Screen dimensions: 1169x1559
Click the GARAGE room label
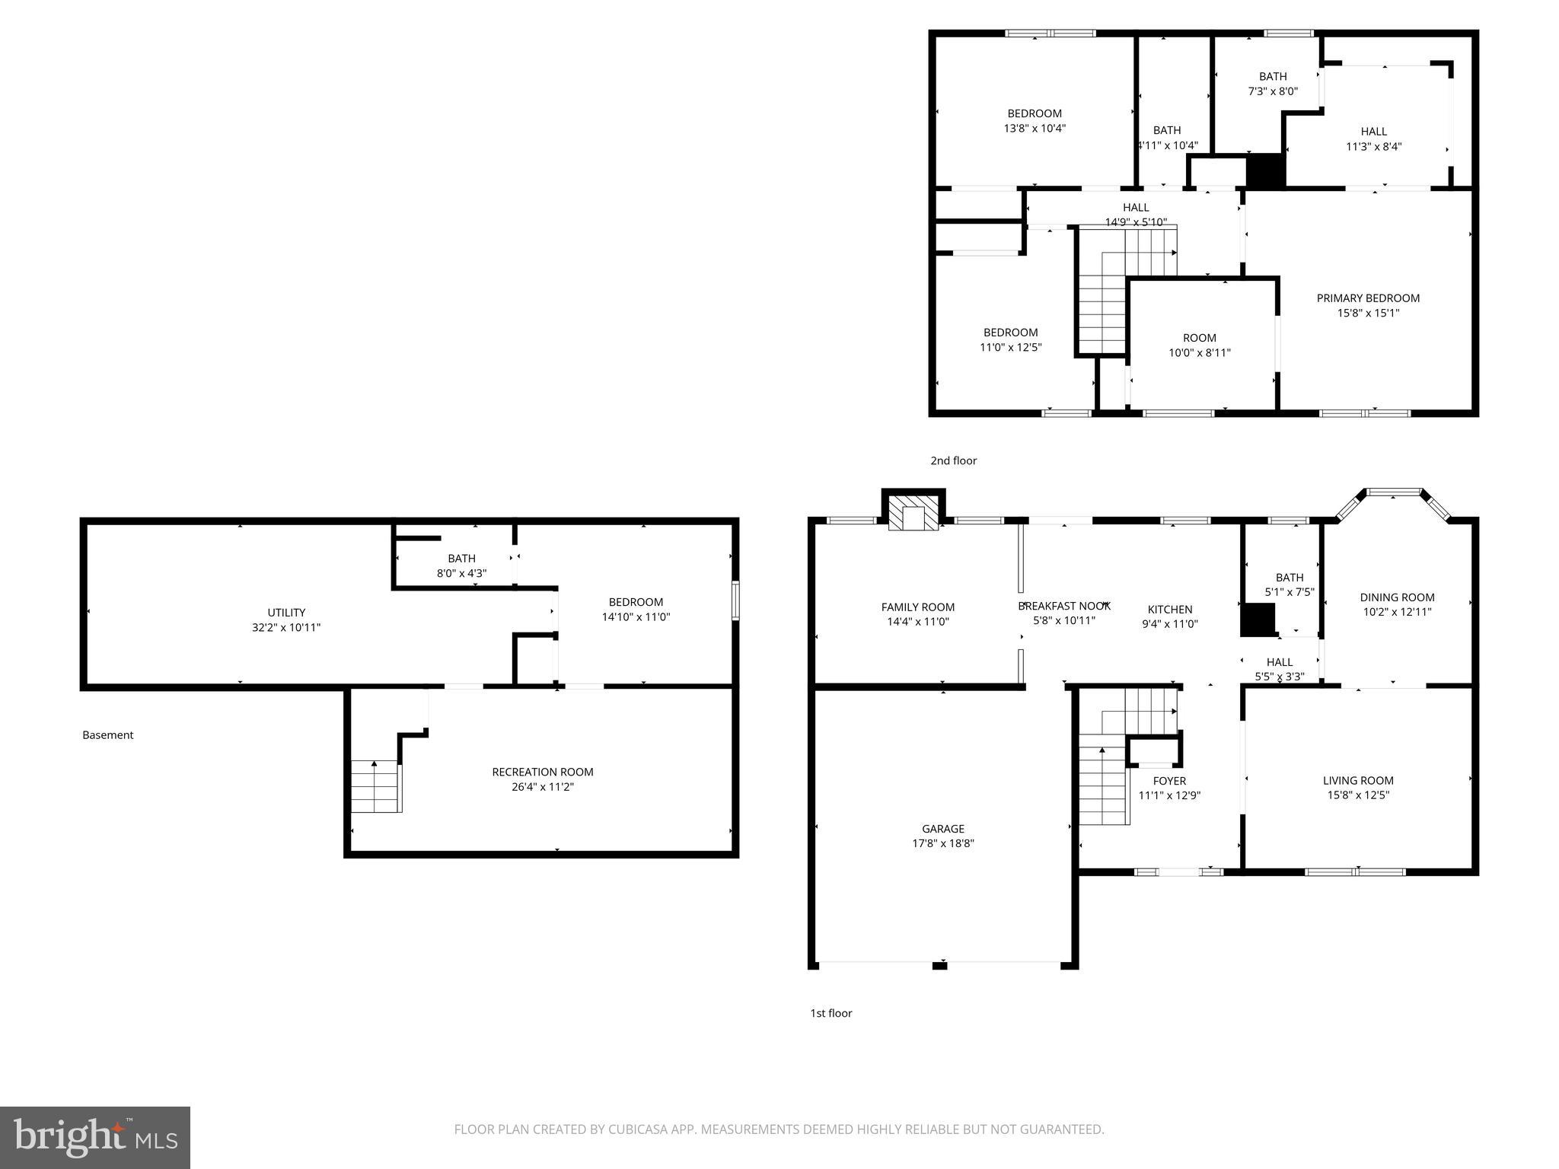pos(942,829)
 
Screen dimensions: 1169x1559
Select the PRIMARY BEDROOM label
pos(1368,298)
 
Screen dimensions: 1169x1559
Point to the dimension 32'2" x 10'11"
pos(286,628)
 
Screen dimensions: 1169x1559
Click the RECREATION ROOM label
pos(542,772)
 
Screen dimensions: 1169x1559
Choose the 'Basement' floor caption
pos(107,735)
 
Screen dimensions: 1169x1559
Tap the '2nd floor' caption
pos(953,460)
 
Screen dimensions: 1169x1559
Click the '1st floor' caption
pos(831,1013)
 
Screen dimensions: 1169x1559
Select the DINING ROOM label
pos(1397,597)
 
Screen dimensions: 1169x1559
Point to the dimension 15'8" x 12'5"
pos(1358,795)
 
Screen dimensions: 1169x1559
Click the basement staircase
pos(375,785)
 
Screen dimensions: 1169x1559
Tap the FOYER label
pos(1169,781)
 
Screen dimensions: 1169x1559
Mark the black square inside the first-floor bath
pos(1258,620)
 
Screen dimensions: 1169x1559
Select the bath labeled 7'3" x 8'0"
pos(1273,83)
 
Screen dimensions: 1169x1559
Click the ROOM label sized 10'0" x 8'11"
pos(1199,338)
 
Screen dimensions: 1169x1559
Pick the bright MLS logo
pos(95,1137)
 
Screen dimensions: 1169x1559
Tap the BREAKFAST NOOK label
pos(1064,606)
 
